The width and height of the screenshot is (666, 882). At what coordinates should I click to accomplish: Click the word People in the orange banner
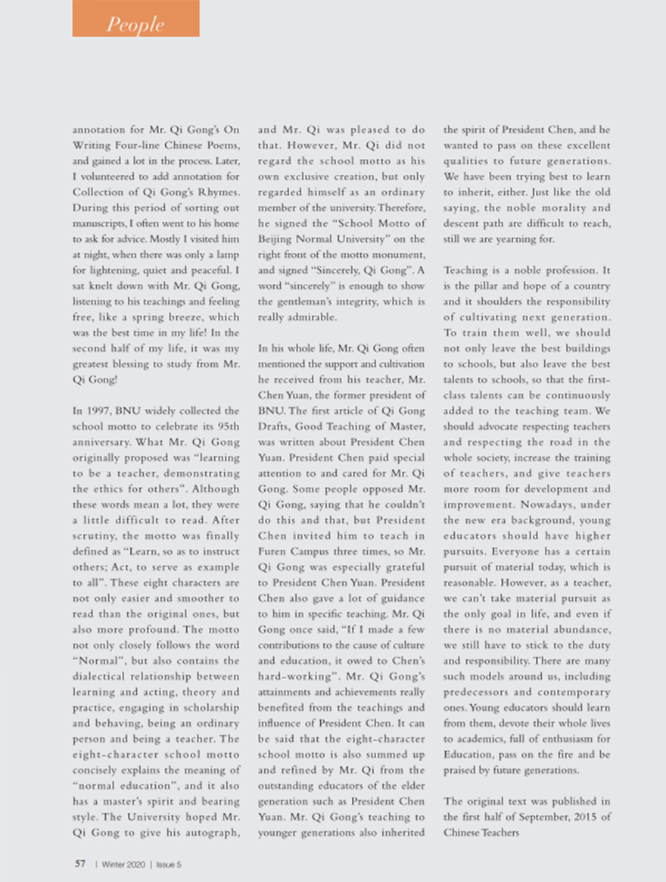coord(135,24)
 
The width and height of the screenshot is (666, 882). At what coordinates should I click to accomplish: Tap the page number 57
coord(79,863)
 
